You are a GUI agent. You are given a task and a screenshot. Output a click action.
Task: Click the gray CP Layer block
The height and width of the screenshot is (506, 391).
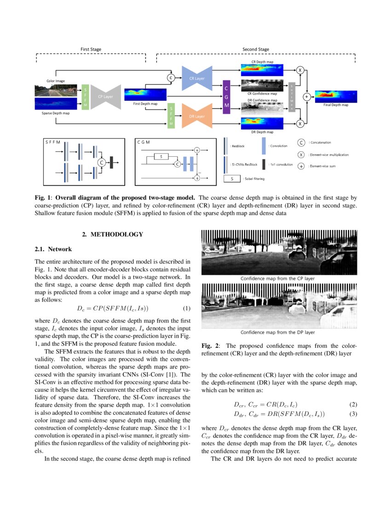105,97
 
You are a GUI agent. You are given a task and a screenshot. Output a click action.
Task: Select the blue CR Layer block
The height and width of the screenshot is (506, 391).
197,78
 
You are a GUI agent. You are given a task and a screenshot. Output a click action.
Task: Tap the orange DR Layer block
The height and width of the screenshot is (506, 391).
197,116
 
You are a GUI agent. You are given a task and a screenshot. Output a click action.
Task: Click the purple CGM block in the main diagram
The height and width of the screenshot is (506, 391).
226,97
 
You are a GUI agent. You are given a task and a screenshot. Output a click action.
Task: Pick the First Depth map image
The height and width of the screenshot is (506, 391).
145,94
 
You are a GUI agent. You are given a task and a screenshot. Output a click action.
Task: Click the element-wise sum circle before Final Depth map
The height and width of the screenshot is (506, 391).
307,97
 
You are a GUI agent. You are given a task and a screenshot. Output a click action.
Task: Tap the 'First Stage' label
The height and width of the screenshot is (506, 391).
91,49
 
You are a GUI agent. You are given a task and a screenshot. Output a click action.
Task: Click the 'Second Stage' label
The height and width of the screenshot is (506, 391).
256,49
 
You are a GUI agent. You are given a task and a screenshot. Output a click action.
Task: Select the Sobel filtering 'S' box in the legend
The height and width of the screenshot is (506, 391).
232,178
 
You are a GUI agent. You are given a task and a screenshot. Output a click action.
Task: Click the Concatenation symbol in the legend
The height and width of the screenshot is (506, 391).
301,143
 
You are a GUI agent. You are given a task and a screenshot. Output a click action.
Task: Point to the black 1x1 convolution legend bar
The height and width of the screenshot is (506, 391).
264,164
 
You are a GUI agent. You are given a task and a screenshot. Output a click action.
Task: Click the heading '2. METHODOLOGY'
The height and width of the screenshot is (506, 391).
113,235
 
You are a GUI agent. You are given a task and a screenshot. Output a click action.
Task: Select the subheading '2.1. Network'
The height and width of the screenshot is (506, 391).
53,249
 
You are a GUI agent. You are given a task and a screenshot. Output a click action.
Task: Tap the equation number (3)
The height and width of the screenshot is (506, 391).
353,414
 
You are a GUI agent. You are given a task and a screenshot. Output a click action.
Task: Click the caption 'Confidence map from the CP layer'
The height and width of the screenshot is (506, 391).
278,279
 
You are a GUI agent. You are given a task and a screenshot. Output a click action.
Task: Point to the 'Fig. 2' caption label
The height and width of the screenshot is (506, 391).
210,345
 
